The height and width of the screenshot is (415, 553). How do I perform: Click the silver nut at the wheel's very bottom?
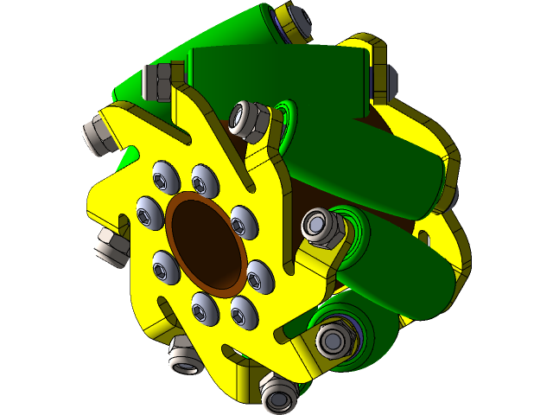[x=278, y=397]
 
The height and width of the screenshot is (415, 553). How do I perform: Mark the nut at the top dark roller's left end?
[x=161, y=82]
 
